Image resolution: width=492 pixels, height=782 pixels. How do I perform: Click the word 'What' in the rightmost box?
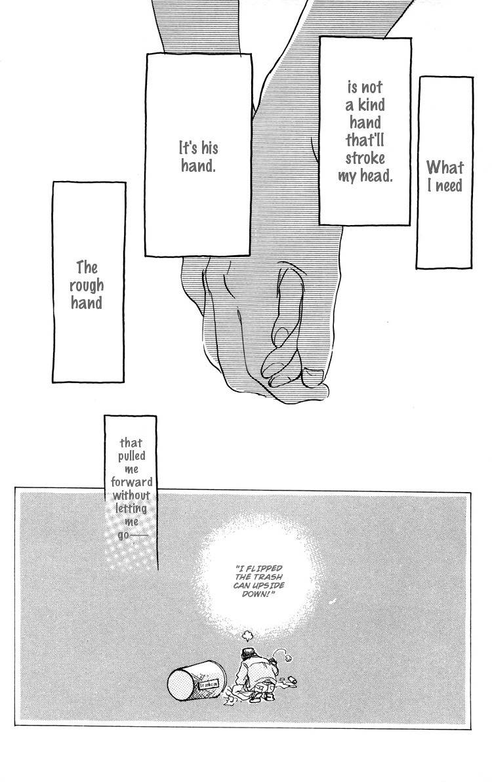tap(445, 167)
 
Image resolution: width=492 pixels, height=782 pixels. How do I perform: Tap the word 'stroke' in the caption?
tap(365, 158)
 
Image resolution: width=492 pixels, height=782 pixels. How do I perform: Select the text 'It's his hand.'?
tap(199, 156)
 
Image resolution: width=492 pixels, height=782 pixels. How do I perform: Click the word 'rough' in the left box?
tap(87, 285)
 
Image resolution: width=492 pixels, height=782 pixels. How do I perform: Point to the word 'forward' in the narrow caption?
tap(131, 482)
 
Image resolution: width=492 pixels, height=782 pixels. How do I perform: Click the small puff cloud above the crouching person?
tap(247, 635)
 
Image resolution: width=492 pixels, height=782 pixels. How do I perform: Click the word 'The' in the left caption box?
tap(87, 268)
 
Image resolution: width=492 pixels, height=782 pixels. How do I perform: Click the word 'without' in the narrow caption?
tap(131, 495)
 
